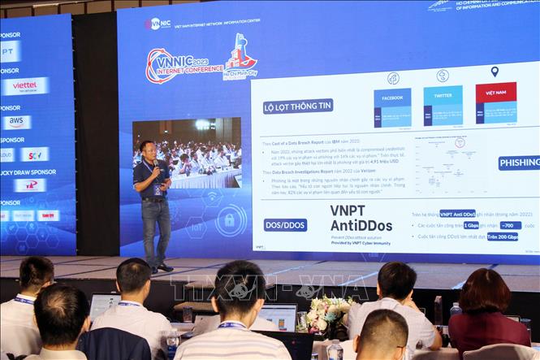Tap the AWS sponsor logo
pyautogui.click(x=16, y=122)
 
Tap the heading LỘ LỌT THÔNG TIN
pyautogui.click(x=298, y=106)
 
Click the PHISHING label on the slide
pyautogui.click(x=518, y=163)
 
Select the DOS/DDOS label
pyautogui.click(x=285, y=224)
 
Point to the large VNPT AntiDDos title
pyautogui.click(x=361, y=218)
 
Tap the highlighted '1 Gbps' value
pyautogui.click(x=472, y=225)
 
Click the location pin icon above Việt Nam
pyautogui.click(x=495, y=72)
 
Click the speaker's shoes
pyautogui.click(x=160, y=267)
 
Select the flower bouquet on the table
pyautogui.click(x=326, y=311)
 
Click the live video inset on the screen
pyautogui.click(x=187, y=153)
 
